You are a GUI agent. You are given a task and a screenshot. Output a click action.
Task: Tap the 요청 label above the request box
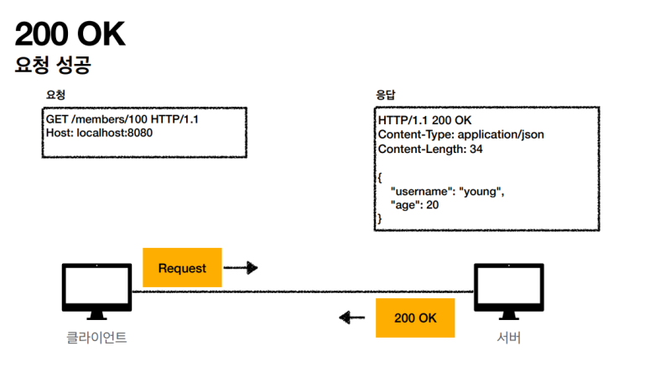55,95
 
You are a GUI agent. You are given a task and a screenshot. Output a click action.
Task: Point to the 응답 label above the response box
388,95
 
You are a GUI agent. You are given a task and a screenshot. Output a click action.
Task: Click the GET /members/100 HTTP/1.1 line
122,120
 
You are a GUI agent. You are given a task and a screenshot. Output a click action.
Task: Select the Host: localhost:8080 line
99,133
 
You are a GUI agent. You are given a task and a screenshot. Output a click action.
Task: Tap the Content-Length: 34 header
430,149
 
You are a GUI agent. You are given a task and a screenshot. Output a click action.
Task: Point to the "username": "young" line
447,192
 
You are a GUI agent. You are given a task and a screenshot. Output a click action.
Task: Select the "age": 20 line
414,205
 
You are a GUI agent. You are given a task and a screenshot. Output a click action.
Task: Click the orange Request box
182,268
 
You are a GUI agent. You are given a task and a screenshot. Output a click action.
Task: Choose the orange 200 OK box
415,318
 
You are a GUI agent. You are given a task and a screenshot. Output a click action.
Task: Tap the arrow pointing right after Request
241,268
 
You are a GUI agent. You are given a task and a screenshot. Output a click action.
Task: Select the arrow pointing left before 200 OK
352,318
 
